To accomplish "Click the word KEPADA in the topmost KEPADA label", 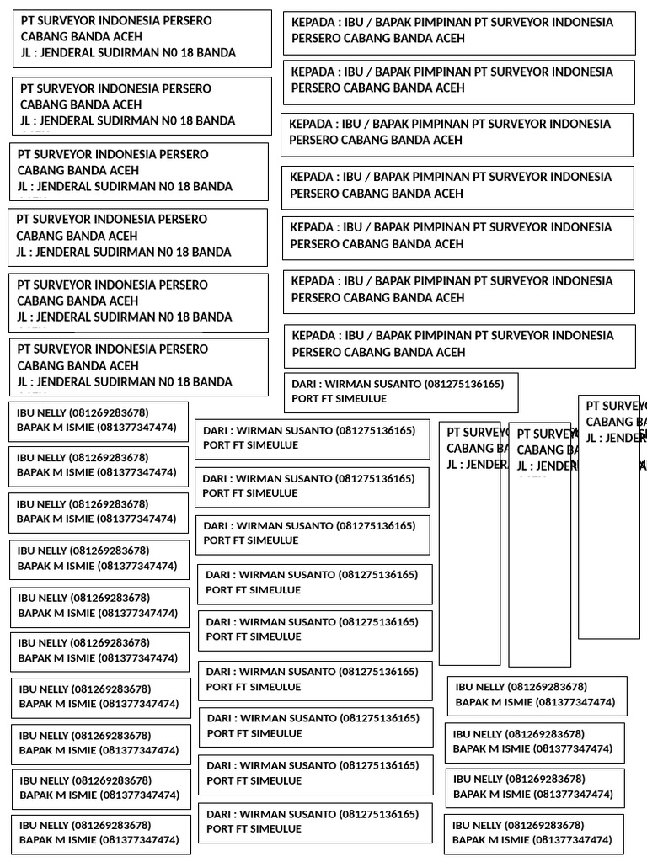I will pos(312,22).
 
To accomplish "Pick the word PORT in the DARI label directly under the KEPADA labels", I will pos(303,398).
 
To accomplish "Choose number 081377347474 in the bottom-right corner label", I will pos(573,840).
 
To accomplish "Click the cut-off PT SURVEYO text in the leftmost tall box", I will pos(473,433).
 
